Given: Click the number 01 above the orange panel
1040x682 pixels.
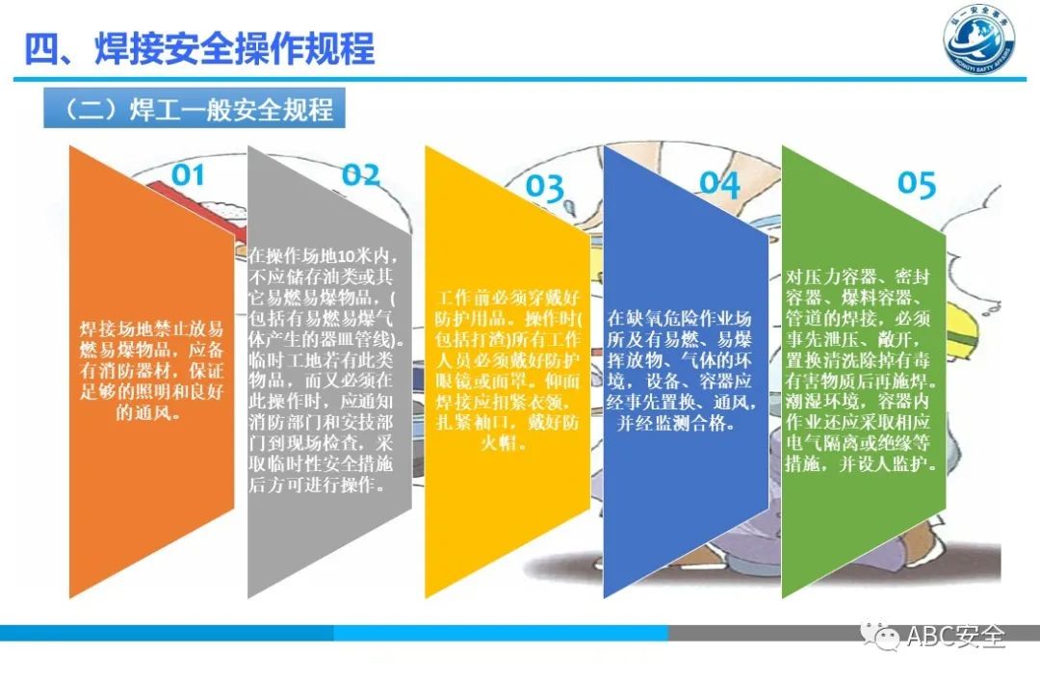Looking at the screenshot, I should pos(188,174).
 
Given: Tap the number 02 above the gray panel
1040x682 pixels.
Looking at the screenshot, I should pos(361,174).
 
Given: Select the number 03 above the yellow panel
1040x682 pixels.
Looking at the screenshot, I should pos(544,187).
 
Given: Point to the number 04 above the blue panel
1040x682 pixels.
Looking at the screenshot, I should pos(718,182).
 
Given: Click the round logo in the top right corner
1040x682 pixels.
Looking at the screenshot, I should pos(980,43).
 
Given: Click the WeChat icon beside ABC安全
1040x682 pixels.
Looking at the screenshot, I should pos(881,636).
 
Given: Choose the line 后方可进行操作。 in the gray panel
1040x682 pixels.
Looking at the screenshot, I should pos(317,485).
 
